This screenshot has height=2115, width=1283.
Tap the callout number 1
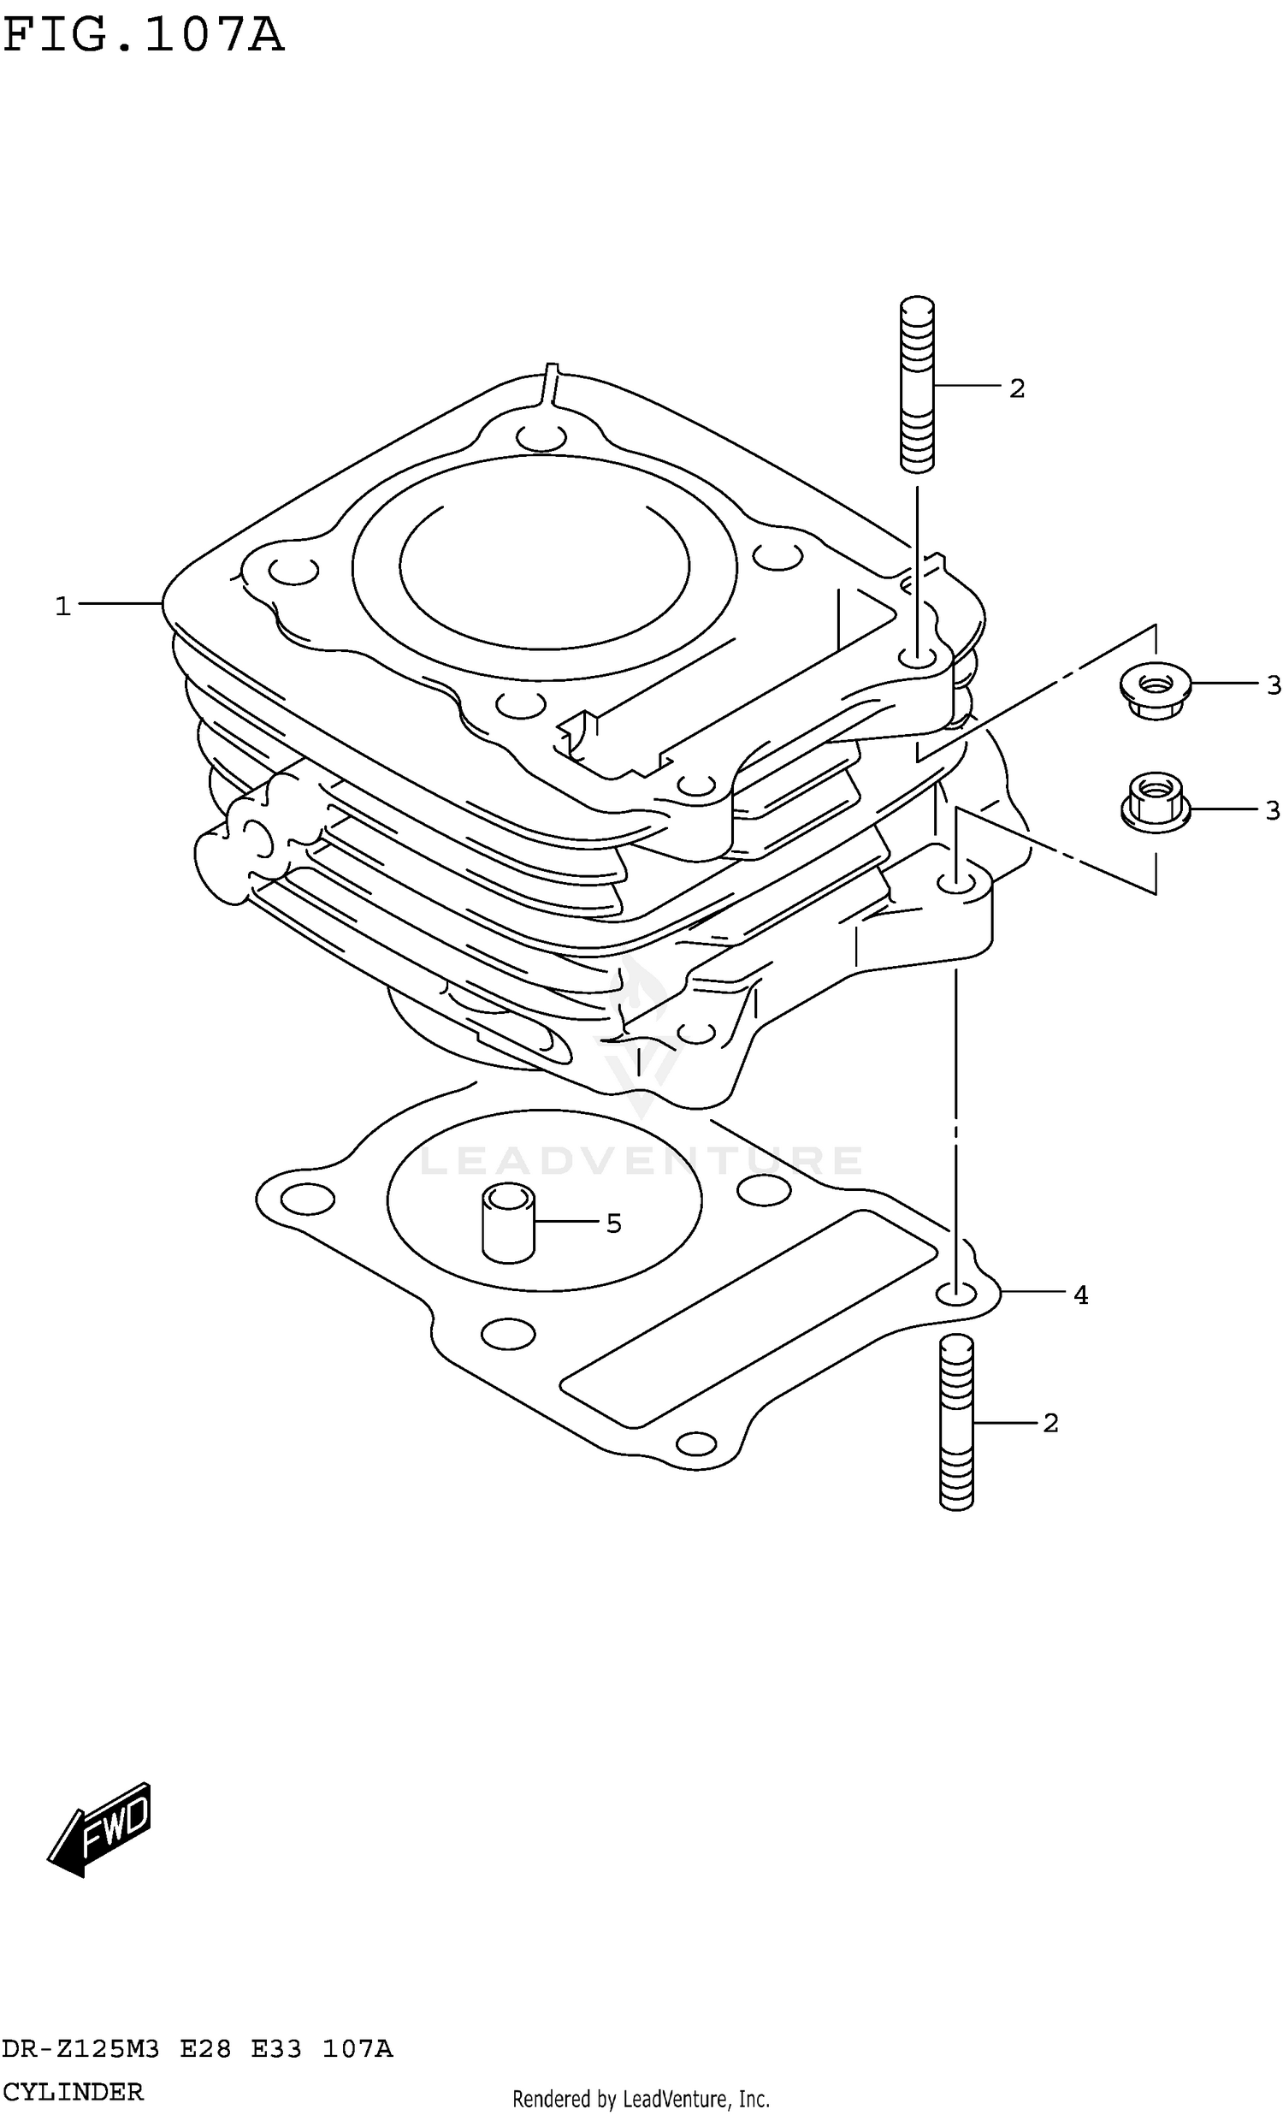tap(62, 607)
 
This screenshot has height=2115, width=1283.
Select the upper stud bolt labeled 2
tap(917, 383)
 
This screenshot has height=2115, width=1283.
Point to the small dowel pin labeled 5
tap(508, 1223)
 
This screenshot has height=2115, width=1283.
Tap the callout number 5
tap(612, 1223)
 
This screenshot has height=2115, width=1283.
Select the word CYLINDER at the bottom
tap(72, 2092)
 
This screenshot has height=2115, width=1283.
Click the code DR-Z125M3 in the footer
tap(80, 2049)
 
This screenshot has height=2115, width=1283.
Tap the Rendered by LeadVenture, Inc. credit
tap(640, 2099)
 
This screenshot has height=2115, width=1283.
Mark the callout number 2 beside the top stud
tap(1017, 388)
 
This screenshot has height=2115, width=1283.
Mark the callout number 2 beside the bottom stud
tap(1050, 1424)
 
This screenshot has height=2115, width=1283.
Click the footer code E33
tap(276, 2049)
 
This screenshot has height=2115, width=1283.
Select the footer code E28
tap(205, 2049)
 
